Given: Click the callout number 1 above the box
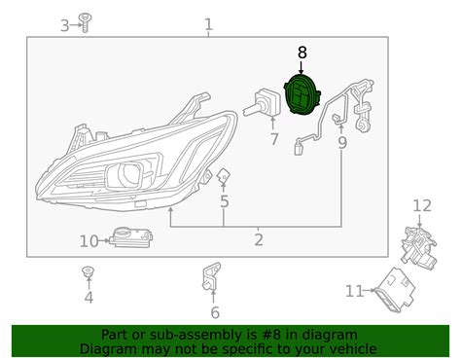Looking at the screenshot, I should click(208, 23).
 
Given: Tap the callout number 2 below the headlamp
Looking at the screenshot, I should click(259, 240).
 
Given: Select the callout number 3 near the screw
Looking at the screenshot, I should click(65, 25).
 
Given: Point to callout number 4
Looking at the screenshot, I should click(89, 298).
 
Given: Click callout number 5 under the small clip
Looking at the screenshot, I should click(224, 202).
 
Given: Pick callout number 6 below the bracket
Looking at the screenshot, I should click(214, 311).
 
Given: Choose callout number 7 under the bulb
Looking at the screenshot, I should click(274, 139).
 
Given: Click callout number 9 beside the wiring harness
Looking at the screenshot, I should click(341, 143).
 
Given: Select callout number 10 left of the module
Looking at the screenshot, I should click(89, 240).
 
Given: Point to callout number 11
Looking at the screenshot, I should click(353, 289).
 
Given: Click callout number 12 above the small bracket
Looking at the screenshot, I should click(421, 205).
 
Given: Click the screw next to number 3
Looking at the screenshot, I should click(85, 21).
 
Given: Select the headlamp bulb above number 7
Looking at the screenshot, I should click(266, 103).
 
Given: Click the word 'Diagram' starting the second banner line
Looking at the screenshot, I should click(109, 348).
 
